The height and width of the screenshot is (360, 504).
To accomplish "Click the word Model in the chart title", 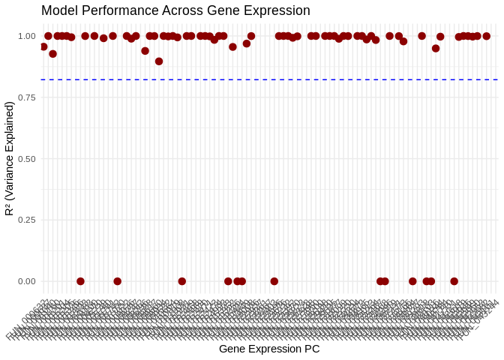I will (x=58, y=11).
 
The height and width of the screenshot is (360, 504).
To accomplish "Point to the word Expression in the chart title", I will (x=279, y=11).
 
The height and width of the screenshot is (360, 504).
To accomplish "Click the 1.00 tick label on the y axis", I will (x=27, y=36).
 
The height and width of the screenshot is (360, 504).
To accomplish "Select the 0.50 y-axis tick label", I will (x=27, y=159).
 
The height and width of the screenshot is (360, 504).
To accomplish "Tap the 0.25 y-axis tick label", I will (x=27, y=220).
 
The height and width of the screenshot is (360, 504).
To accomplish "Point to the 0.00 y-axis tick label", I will (x=27, y=281).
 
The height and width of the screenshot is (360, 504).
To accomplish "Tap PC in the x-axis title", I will (x=312, y=349).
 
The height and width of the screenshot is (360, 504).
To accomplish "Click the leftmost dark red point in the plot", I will (x=43, y=46).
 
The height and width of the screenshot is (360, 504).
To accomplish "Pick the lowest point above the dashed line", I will (x=159, y=61).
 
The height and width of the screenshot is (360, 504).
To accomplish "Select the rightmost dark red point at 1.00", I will (x=486, y=36).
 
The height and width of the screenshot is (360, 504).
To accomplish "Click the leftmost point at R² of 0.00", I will (x=80, y=281).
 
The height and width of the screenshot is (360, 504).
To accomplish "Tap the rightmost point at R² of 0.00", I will (x=454, y=281).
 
